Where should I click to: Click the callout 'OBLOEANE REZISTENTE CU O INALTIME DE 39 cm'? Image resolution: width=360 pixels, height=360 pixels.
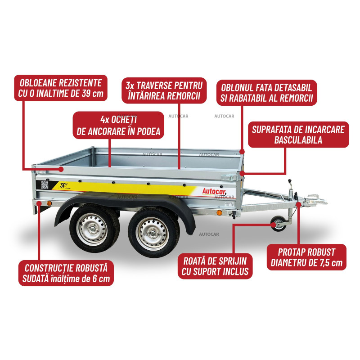61,88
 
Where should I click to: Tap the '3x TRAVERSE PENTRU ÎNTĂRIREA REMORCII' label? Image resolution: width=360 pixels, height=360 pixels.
164,90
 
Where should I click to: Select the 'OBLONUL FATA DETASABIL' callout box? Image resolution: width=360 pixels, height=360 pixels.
267,93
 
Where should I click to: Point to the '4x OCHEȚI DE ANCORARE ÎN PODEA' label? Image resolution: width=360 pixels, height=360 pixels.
118,125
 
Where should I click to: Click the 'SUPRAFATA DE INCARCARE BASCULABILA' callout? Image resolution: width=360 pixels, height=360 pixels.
298,135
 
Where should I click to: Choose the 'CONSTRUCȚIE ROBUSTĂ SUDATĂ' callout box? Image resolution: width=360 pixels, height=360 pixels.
66,273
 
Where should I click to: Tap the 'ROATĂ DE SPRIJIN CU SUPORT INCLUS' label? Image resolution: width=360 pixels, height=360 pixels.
215,266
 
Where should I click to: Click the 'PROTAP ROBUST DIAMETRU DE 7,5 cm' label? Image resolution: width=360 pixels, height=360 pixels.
306,257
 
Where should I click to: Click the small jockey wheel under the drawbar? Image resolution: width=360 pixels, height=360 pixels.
278,223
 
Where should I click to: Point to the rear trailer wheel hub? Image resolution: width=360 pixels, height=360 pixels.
92,229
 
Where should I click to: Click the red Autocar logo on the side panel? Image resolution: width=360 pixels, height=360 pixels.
214,191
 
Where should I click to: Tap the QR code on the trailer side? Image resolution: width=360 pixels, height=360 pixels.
45,185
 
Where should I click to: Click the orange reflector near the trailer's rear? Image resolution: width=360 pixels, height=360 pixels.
49,203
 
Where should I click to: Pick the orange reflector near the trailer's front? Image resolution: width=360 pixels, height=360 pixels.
219,212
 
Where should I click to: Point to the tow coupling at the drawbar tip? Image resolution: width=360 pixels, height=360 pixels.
316,200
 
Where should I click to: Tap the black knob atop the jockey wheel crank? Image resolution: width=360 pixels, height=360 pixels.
290,181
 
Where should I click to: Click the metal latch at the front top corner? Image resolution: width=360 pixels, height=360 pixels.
229,177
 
